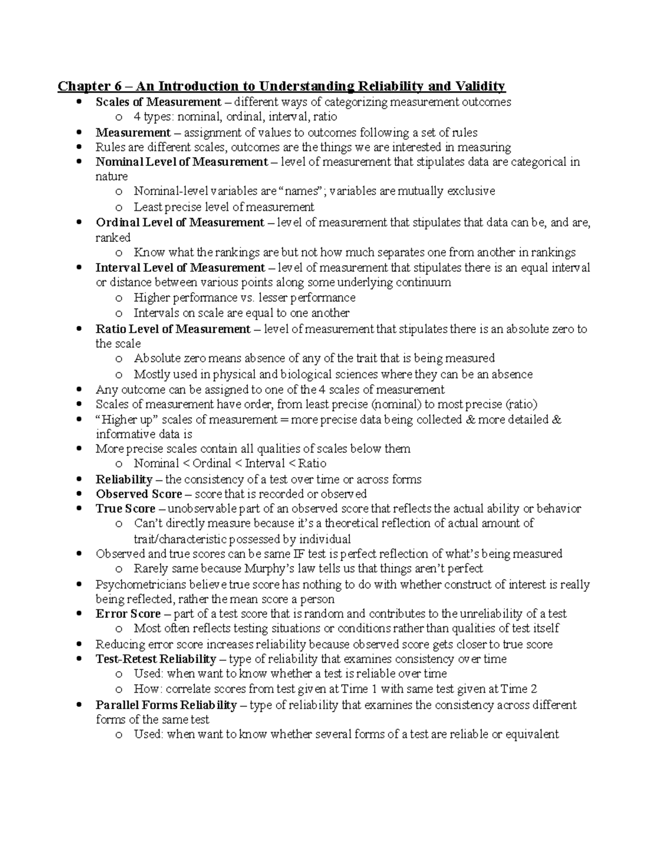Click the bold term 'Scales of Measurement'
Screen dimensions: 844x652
158,102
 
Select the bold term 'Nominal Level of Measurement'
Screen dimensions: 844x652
181,161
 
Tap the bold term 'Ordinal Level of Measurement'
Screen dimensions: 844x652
180,222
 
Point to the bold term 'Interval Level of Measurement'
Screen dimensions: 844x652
180,267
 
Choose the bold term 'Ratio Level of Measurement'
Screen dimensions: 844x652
173,329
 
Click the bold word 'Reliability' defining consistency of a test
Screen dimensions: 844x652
124,479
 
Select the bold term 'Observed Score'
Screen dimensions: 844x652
139,493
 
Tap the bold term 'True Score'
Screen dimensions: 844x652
126,509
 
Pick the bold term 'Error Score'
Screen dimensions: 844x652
128,614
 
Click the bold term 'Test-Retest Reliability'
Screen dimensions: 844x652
156,659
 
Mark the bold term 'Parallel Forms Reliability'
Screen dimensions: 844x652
166,705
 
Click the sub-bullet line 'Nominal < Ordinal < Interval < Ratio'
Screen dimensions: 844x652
230,464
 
